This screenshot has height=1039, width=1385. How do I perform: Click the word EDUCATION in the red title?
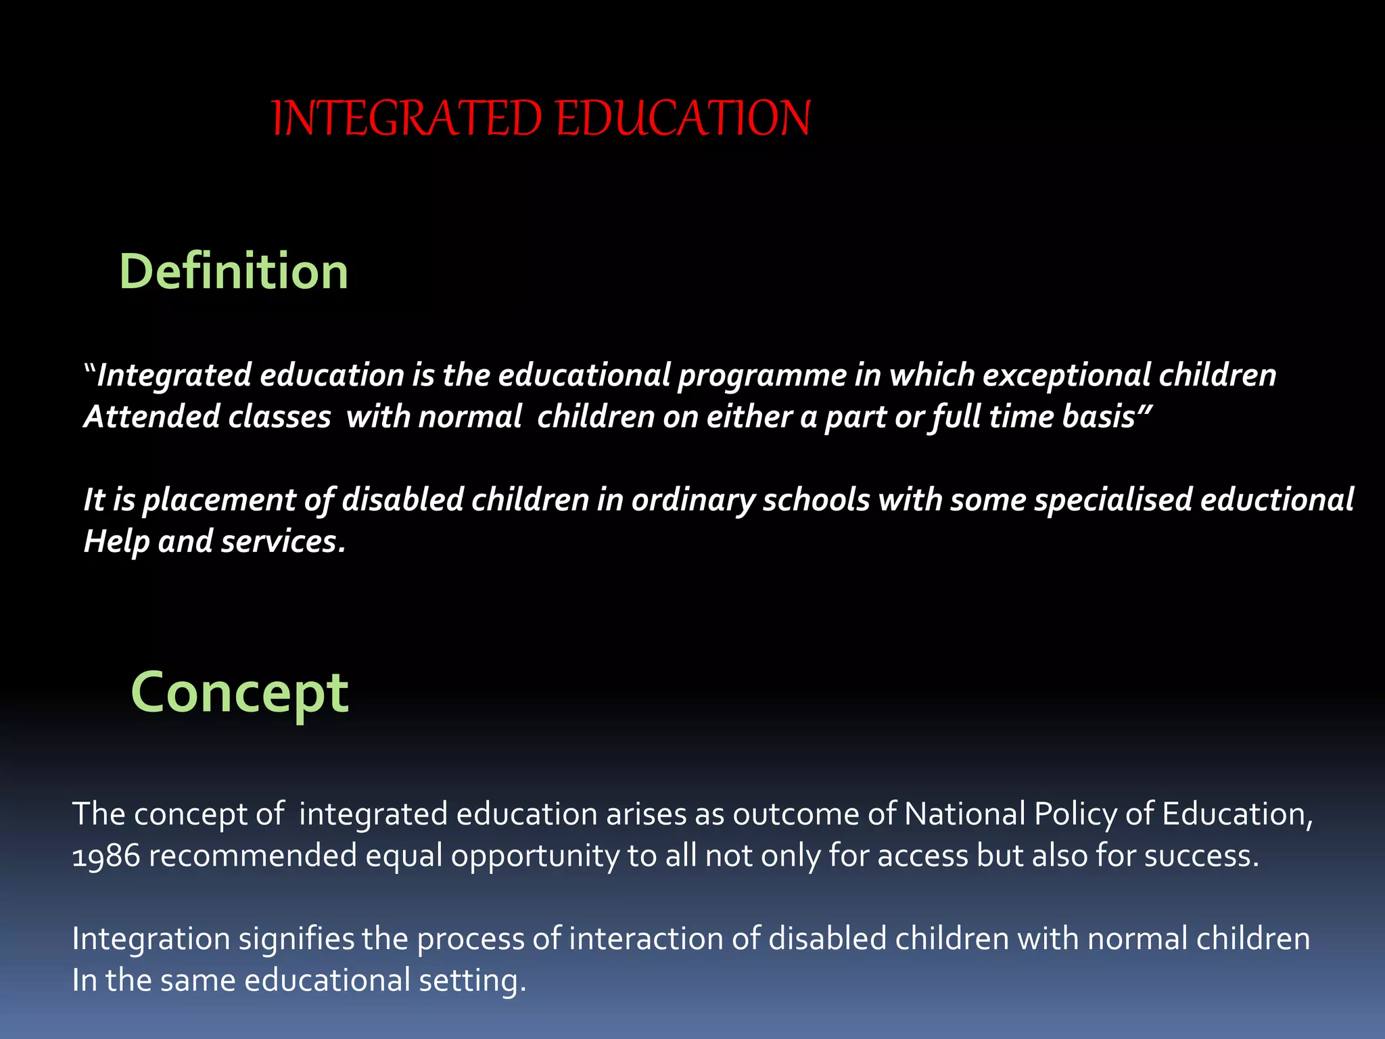[683, 118]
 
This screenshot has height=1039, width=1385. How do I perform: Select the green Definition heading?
[233, 271]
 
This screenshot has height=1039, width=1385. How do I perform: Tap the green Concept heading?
[239, 693]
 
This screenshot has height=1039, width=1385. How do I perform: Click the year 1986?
[105, 856]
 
